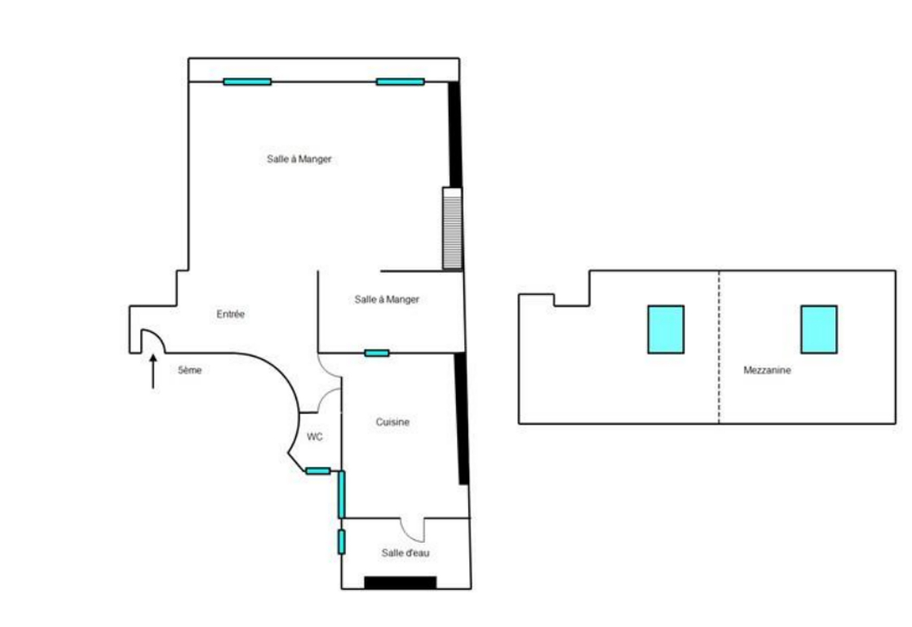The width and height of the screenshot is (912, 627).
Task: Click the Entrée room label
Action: point(230,313)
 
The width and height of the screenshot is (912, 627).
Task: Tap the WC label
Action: point(315,437)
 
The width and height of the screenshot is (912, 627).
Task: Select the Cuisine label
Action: point(392,422)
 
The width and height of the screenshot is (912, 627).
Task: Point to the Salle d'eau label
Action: point(405,553)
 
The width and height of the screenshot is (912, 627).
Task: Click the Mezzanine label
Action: point(767,370)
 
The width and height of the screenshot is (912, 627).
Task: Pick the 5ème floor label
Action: point(189,370)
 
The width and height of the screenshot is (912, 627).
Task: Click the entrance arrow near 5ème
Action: point(153,371)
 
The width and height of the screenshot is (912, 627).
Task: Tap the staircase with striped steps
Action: point(452,229)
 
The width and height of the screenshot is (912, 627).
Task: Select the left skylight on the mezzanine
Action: point(666,330)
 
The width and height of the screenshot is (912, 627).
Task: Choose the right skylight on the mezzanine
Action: point(819,330)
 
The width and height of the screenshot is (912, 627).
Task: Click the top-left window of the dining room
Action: point(247,82)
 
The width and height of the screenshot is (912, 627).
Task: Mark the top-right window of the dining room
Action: point(401,82)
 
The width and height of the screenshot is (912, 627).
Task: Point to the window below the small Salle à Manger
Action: point(377,353)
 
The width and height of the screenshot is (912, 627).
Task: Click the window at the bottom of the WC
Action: point(318,471)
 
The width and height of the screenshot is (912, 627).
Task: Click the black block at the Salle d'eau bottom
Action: point(401,582)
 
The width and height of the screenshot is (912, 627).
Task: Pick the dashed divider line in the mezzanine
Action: point(719,347)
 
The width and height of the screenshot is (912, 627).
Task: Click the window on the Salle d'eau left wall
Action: point(342,541)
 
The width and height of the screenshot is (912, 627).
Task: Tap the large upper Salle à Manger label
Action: point(299,159)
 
